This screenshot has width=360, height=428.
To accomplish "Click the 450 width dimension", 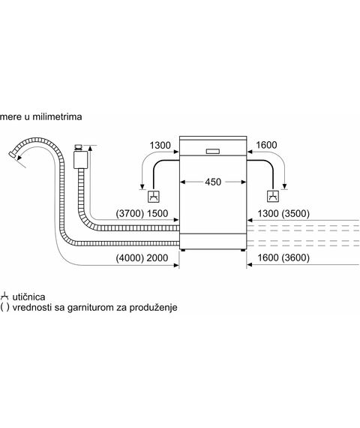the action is pyautogui.click(x=213, y=182).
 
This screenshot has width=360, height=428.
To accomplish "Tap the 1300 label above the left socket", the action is pyautogui.click(x=160, y=145).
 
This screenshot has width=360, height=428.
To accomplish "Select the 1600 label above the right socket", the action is pyautogui.click(x=266, y=145).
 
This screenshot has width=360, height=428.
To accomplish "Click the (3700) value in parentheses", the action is pyautogui.click(x=130, y=213).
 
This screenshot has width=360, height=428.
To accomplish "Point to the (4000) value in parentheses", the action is pyautogui.click(x=130, y=258).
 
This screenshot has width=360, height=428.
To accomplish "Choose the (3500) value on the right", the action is pyautogui.click(x=295, y=213).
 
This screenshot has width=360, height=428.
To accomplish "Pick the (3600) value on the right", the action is pyautogui.click(x=295, y=258).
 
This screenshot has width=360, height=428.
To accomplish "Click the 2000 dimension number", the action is pyautogui.click(x=157, y=258).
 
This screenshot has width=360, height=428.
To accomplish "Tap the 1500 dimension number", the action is pyautogui.click(x=157, y=213).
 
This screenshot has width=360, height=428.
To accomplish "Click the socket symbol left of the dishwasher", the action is pyautogui.click(x=154, y=196).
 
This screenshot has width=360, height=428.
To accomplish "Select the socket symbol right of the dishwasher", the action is pyautogui.click(x=273, y=196).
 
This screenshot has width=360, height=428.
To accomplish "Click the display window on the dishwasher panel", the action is pyautogui.click(x=213, y=151).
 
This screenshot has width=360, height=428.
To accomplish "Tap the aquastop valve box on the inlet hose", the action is pyautogui.click(x=80, y=160).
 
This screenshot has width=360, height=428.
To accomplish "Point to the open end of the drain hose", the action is pyautogui.click(x=12, y=154).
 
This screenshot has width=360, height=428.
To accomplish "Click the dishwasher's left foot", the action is pyautogui.click(x=183, y=250).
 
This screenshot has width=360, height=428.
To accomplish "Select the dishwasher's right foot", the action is pyautogui.click(x=243, y=250).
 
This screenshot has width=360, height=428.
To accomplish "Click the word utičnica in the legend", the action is pyautogui.click(x=28, y=297).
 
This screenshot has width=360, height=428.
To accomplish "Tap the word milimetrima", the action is pyautogui.click(x=57, y=117).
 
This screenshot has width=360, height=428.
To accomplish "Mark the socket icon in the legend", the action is pyautogui.click(x=4, y=297).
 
